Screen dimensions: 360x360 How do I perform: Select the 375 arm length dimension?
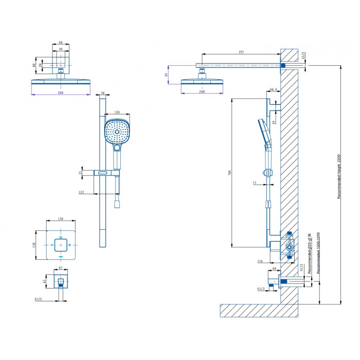pyautogui.click(x=241, y=51)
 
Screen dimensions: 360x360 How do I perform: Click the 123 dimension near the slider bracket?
pyautogui.click(x=81, y=192)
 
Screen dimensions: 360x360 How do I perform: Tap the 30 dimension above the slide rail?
pyautogui.click(x=102, y=94)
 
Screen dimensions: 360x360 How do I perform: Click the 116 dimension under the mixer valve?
pyautogui.click(x=260, y=262)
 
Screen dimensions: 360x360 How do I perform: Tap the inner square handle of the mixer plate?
pyautogui.click(x=61, y=245)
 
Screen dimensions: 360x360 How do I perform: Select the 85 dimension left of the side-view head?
pyautogui.click(x=166, y=75)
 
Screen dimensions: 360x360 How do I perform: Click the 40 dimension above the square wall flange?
pyautogui.click(x=61, y=49)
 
